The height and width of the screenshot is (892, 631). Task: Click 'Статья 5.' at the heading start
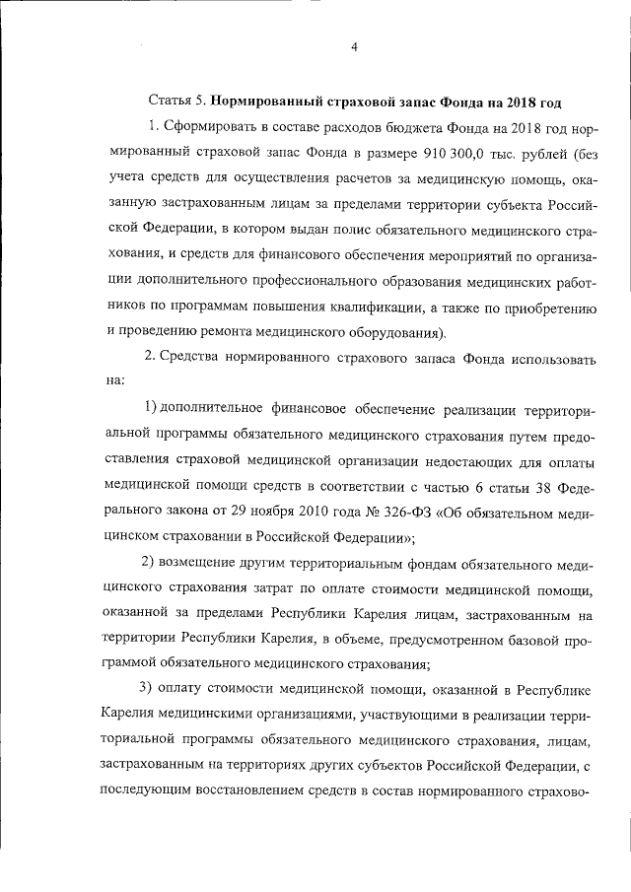point(175,102)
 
